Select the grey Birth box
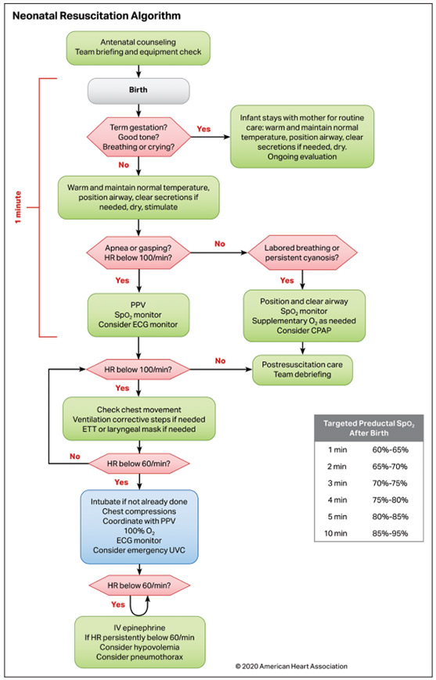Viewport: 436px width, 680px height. click(139, 88)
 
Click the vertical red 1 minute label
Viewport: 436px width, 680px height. click(18, 207)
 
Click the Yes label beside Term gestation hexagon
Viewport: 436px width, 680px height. click(204, 128)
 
